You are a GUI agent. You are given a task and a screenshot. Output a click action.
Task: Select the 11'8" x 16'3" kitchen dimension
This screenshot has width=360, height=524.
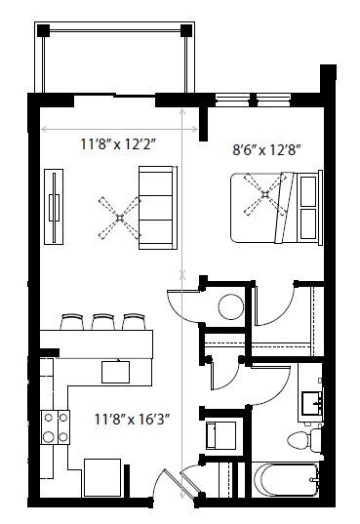pyautogui.click(x=133, y=420)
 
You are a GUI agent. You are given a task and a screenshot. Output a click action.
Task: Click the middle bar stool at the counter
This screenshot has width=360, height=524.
pyautogui.click(x=102, y=321)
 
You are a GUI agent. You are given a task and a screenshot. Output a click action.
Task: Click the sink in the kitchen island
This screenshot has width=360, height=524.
pyautogui.click(x=117, y=371)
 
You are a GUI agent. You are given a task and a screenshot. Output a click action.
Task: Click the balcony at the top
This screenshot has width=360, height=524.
pyautogui.click(x=111, y=59)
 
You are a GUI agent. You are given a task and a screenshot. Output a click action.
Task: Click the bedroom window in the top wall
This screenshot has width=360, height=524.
pyautogui.click(x=256, y=98)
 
